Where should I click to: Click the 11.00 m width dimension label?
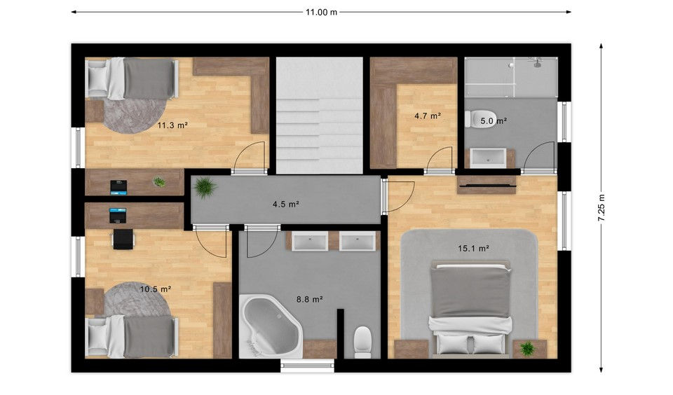[321, 12]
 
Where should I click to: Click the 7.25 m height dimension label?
[601, 208]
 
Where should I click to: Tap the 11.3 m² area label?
[172, 125]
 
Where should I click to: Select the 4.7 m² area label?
[428, 116]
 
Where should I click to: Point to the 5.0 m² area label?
[494, 121]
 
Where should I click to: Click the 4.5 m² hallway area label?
[286, 204]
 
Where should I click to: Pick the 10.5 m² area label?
[156, 289]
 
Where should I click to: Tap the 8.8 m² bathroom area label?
[310, 299]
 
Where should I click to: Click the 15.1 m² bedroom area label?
[474, 248]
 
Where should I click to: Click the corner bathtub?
[271, 326]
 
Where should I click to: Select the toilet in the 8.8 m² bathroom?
[363, 342]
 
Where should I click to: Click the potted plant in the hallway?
[205, 188]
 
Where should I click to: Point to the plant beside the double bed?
[527, 348]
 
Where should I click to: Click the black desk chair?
[123, 239]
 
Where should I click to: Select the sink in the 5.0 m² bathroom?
[488, 158]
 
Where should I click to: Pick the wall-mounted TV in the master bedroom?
[487, 186]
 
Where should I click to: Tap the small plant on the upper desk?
[159, 182]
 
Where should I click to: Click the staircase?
[320, 116]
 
